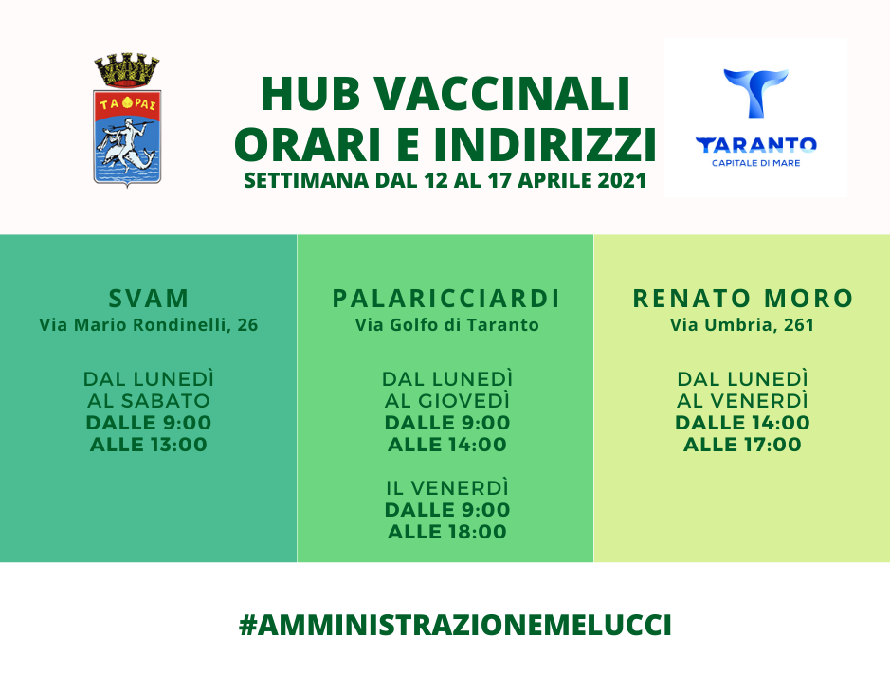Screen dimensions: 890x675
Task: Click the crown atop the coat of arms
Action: [127, 70]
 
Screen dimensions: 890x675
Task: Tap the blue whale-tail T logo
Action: [755, 93]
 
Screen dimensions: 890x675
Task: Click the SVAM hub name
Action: [149, 299]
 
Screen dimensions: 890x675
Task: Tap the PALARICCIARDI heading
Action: [446, 299]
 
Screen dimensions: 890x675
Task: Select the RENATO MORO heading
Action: [743, 299]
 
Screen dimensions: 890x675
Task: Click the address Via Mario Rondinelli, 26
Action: [149, 325]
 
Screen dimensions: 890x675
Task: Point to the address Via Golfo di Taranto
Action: [446, 325]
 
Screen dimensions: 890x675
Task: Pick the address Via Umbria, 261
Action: [742, 325]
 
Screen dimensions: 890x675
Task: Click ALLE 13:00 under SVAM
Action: [149, 445]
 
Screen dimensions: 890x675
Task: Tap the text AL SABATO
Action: [149, 401]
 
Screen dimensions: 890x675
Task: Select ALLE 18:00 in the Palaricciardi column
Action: [447, 532]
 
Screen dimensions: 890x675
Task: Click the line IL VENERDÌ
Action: [447, 487]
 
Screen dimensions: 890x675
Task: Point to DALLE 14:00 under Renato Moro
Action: [742, 423]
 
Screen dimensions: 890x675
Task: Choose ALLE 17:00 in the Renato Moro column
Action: [742, 445]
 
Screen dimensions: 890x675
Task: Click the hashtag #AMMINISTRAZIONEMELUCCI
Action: [455, 625]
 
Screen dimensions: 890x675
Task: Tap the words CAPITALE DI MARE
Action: [756, 163]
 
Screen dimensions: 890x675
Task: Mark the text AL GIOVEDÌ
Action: [447, 401]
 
